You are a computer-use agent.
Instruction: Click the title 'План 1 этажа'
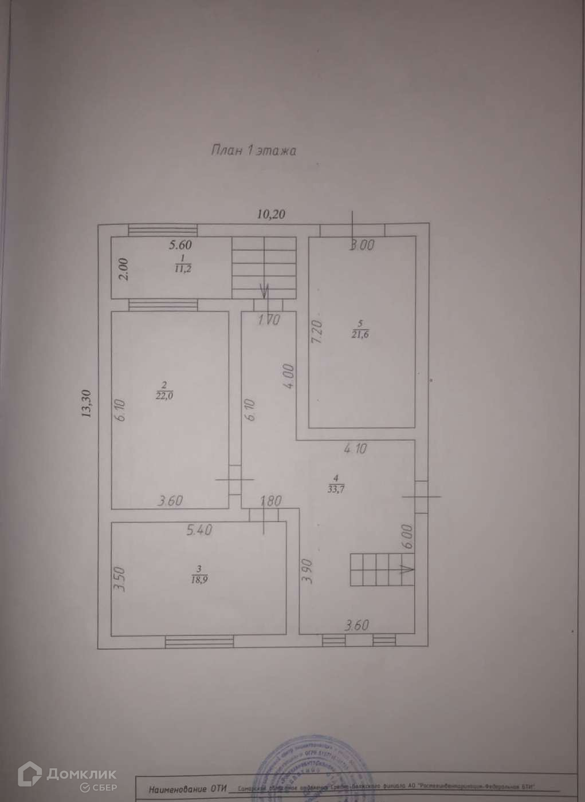[x=253, y=151]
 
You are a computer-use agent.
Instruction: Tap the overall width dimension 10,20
[x=271, y=215]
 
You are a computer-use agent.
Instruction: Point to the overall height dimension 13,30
[x=87, y=405]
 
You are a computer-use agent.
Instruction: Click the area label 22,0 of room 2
[x=164, y=395]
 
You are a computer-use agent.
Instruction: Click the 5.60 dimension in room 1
[x=179, y=246]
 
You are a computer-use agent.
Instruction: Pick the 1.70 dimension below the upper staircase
[x=268, y=321]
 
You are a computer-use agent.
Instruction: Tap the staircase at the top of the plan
[x=264, y=267]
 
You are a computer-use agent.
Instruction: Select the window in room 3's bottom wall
[x=198, y=642]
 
